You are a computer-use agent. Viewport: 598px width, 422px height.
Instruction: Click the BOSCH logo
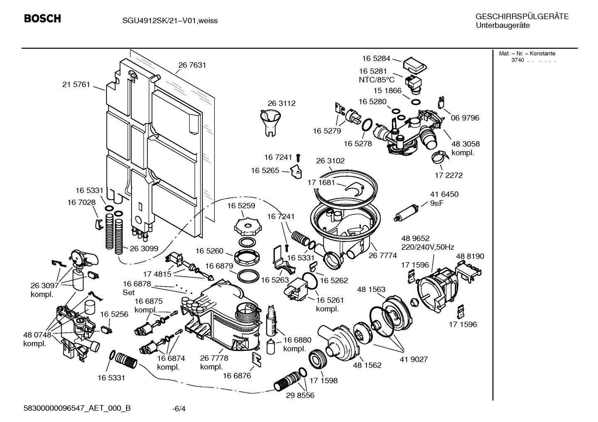click(42, 19)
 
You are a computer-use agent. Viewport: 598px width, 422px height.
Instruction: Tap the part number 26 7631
click(192, 65)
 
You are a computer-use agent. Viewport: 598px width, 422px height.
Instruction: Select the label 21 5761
click(76, 84)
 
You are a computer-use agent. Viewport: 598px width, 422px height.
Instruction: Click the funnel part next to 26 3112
click(270, 122)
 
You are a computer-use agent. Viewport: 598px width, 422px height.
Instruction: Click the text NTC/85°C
click(377, 80)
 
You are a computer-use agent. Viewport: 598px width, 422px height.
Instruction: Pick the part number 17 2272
click(449, 175)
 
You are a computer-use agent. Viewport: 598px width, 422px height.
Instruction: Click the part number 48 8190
click(470, 256)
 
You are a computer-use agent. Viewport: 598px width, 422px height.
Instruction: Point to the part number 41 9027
click(413, 359)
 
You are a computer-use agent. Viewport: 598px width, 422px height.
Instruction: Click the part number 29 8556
click(300, 395)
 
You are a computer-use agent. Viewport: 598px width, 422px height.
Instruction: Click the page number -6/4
click(179, 409)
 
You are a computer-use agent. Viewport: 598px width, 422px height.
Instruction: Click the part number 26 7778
click(214, 358)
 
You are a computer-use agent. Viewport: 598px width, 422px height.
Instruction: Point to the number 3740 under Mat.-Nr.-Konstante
click(518, 60)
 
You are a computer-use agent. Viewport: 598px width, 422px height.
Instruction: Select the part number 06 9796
click(465, 118)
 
